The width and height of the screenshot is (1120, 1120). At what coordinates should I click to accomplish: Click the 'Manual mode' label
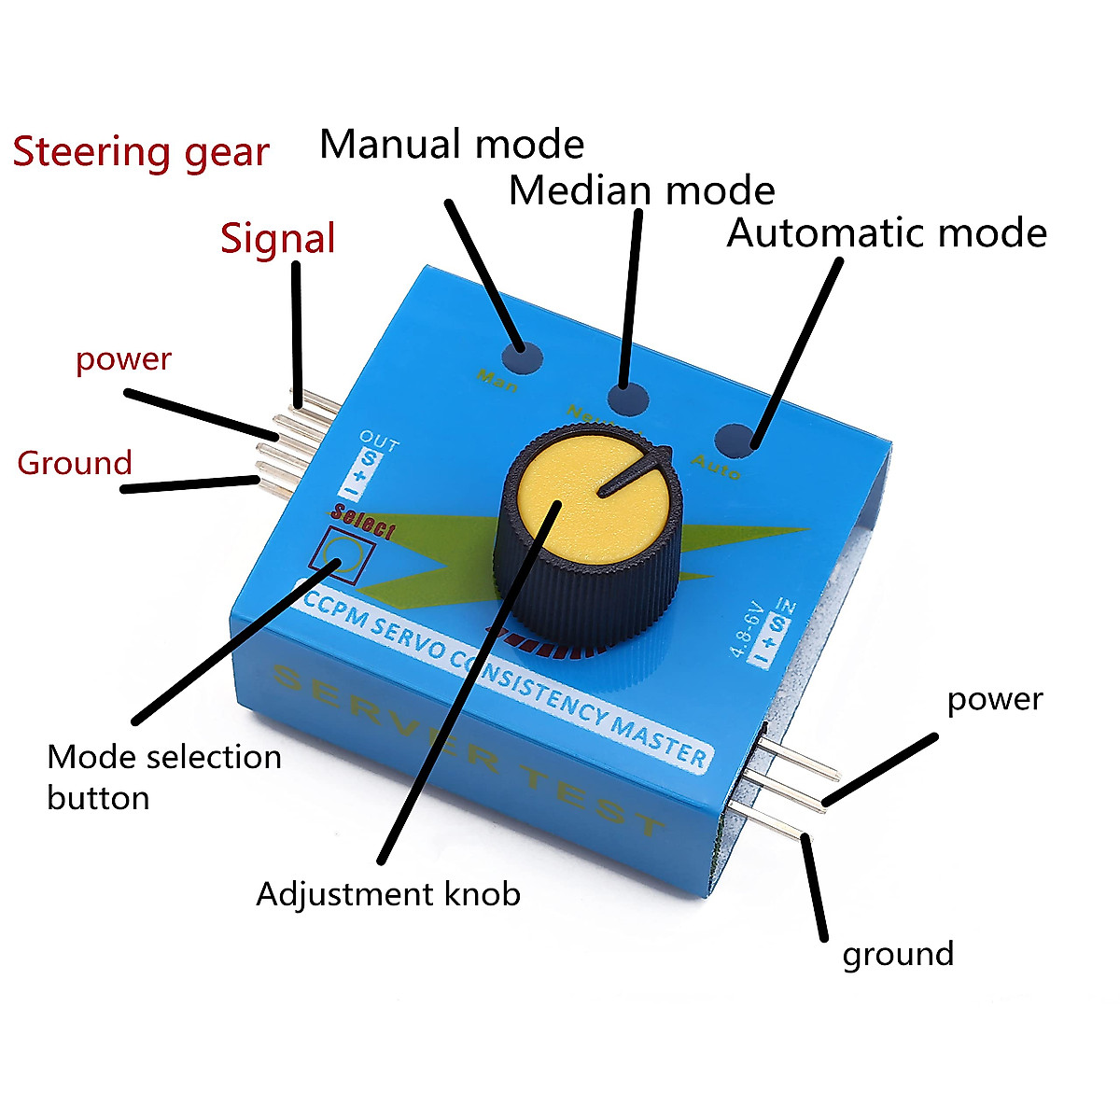(x=452, y=145)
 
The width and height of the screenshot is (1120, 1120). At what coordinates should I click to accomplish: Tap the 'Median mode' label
(x=641, y=190)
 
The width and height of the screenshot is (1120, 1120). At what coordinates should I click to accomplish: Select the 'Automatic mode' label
(x=887, y=232)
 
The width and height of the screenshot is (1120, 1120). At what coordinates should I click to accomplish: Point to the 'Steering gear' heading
(x=141, y=152)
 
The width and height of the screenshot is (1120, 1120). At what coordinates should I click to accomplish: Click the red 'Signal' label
(x=277, y=239)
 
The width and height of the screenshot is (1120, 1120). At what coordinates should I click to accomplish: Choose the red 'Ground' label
(x=75, y=463)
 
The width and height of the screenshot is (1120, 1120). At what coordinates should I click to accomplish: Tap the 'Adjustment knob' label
(x=388, y=894)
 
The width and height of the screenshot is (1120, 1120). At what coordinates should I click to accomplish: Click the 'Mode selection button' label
(x=163, y=777)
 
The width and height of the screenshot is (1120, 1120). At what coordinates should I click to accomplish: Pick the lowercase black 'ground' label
(x=898, y=955)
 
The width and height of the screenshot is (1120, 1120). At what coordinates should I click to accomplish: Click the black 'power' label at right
(x=995, y=699)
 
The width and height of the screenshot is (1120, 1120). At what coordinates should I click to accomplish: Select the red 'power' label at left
(x=123, y=359)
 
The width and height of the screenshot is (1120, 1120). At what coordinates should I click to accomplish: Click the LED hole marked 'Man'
(x=521, y=358)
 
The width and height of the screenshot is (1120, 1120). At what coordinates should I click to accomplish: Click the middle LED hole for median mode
(x=628, y=399)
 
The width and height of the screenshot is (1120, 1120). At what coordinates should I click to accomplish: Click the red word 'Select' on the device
(x=363, y=523)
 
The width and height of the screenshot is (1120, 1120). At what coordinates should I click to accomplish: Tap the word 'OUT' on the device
(x=379, y=441)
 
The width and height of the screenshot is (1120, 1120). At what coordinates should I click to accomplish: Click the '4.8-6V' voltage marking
(x=748, y=632)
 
